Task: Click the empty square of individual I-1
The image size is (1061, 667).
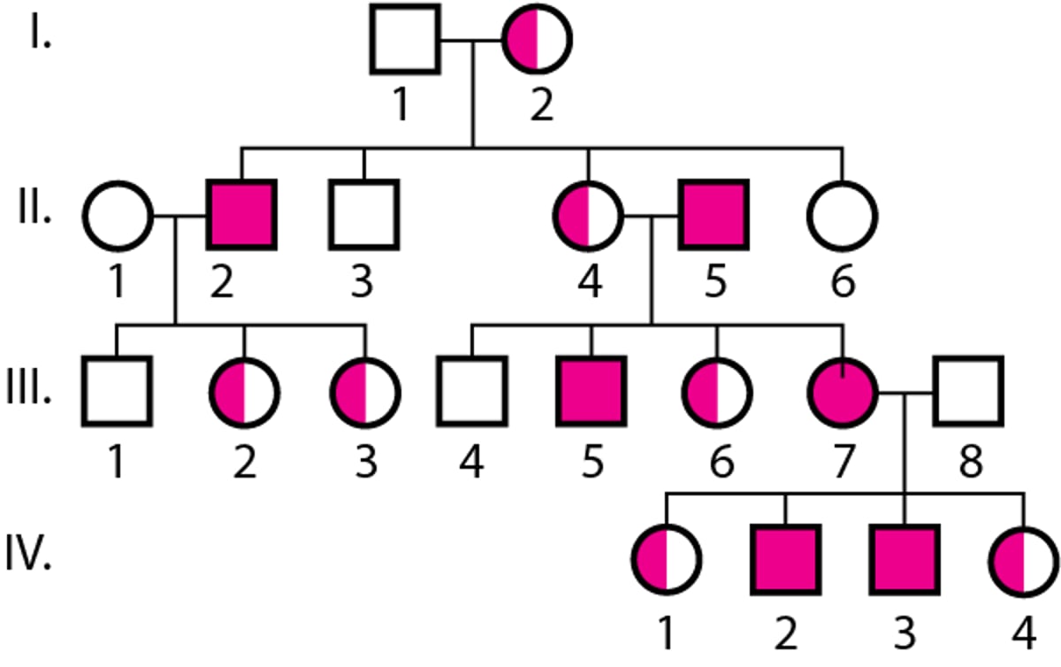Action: [x=405, y=39]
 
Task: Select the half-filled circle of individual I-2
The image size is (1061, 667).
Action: [x=537, y=39]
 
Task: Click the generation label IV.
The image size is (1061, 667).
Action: [x=36, y=559]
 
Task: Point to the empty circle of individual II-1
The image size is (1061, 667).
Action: [x=118, y=215]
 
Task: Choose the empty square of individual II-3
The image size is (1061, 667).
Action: [x=363, y=215]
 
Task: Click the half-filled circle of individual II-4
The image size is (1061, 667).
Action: [x=588, y=215]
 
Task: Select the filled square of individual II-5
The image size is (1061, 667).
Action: [x=714, y=215]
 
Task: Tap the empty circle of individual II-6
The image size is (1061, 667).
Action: [x=842, y=215]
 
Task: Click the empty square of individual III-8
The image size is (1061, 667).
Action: [x=969, y=390]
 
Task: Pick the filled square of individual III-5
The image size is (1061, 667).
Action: [x=591, y=390]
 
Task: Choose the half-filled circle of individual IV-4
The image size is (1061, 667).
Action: [x=1024, y=559]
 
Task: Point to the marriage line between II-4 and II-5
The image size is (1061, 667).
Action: [x=652, y=215]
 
